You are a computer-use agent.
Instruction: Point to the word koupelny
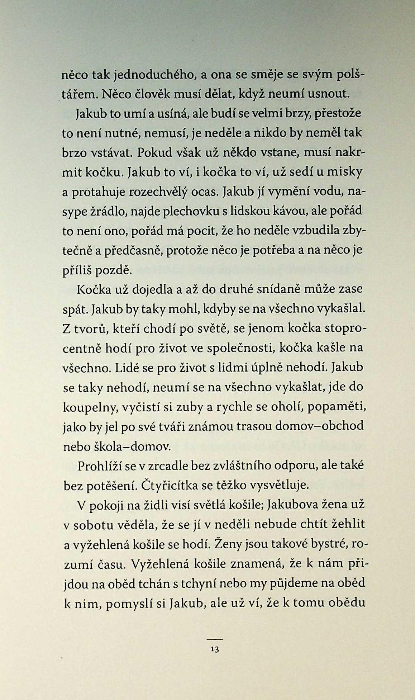click(90, 407)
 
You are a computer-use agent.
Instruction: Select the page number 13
click(215, 649)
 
